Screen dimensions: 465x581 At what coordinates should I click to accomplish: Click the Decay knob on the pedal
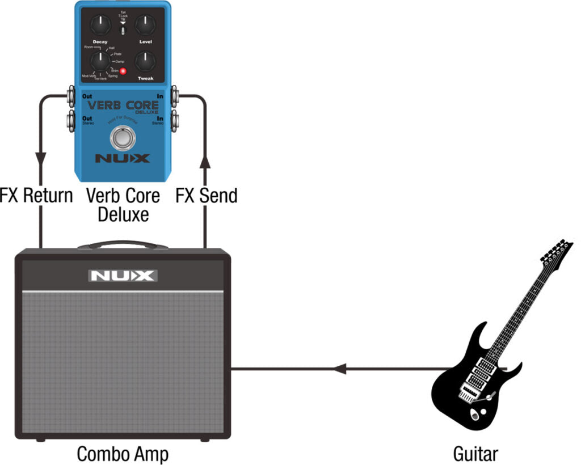[x=100, y=24]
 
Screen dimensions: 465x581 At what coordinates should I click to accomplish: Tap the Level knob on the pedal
[x=146, y=24]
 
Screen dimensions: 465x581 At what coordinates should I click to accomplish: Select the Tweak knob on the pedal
[x=146, y=61]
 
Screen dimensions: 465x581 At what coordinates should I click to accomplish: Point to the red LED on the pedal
[x=122, y=71]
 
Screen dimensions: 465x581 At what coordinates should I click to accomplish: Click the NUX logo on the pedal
[x=123, y=158]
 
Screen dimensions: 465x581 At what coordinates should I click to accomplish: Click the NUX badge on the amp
[x=123, y=276]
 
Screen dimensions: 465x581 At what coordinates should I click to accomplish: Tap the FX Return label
[x=36, y=196]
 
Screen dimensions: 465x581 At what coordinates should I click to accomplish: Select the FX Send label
[x=206, y=196]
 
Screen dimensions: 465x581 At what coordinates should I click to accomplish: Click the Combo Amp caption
[x=123, y=454]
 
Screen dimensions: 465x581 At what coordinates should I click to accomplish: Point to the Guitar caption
[x=475, y=454]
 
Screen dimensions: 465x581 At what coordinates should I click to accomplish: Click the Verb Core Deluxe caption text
[x=123, y=205]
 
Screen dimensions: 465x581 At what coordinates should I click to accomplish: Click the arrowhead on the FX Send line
[x=206, y=163]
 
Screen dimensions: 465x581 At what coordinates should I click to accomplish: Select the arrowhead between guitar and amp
[x=339, y=369]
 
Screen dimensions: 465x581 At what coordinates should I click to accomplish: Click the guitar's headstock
[x=555, y=252]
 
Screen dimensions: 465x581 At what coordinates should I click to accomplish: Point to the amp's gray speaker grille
[x=123, y=363]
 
